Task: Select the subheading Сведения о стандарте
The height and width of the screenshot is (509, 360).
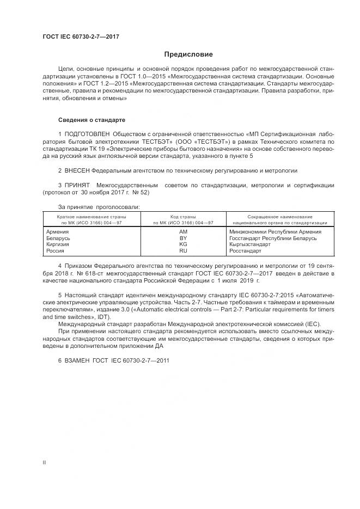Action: pyautogui.click(x=91, y=119)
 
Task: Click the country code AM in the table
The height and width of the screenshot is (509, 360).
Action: pyautogui.click(x=183, y=231)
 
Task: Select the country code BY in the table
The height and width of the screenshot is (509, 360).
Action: pyautogui.click(x=183, y=238)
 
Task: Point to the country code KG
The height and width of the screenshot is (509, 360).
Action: pyautogui.click(x=183, y=244)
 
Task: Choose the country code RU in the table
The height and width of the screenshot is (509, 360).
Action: pyautogui.click(x=183, y=251)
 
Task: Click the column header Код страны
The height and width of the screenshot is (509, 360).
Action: pyautogui.click(x=183, y=217)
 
